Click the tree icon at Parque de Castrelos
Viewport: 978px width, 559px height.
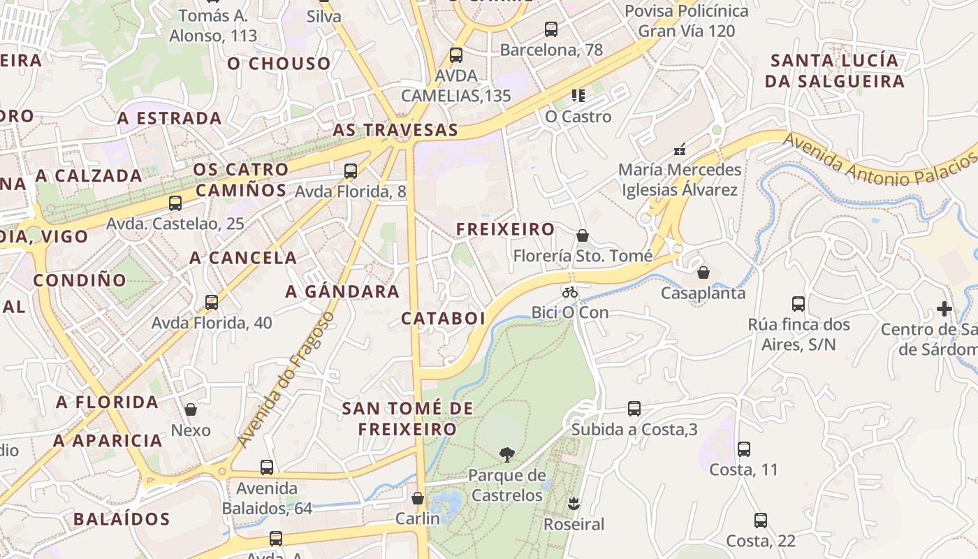click(x=506, y=455)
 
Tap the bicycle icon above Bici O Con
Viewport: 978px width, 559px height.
click(x=570, y=292)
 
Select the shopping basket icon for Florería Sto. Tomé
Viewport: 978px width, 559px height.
click(x=583, y=235)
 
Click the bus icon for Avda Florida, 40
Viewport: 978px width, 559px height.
click(x=212, y=303)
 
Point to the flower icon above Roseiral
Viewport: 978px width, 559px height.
click(x=574, y=503)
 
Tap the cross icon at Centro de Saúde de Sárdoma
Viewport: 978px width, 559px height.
click(x=944, y=308)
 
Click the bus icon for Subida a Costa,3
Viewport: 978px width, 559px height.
click(x=634, y=409)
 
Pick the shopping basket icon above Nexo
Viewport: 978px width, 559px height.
click(x=190, y=409)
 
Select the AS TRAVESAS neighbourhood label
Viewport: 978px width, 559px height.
click(x=395, y=130)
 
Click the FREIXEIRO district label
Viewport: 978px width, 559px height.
click(x=505, y=229)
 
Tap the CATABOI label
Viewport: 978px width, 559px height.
click(x=443, y=319)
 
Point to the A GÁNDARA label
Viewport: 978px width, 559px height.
click(x=342, y=291)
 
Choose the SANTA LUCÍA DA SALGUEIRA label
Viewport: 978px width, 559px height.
click(x=835, y=71)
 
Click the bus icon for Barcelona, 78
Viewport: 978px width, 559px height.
click(x=551, y=29)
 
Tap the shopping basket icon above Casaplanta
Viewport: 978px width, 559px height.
click(x=703, y=272)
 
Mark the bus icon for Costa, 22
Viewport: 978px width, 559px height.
click(x=761, y=521)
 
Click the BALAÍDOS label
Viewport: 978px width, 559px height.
click(x=122, y=519)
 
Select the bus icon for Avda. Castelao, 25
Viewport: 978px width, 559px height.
click(x=175, y=203)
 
